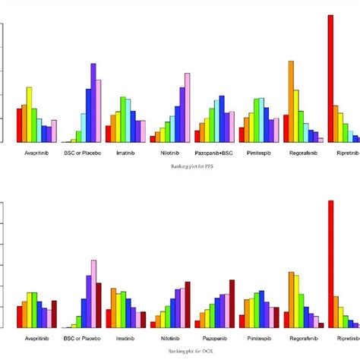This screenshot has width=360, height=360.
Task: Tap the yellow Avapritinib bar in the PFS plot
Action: tap(29, 115)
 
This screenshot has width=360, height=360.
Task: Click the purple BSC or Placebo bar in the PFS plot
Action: tap(93, 103)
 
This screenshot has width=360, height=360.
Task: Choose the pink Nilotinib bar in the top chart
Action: tap(188, 107)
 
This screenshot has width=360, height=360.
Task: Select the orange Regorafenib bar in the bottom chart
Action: tap(291, 299)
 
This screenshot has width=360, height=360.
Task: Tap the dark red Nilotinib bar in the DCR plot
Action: tap(188, 305)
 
